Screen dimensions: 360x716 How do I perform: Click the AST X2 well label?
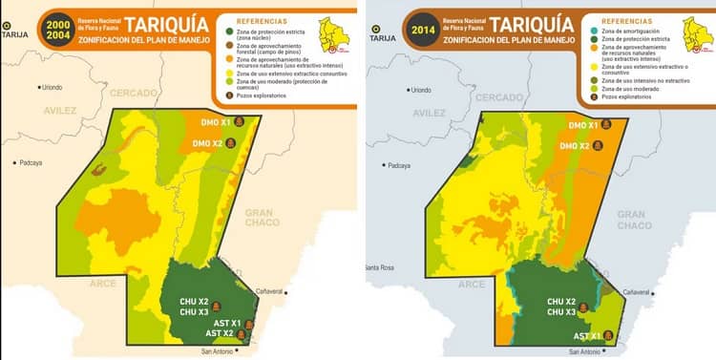click(221, 334)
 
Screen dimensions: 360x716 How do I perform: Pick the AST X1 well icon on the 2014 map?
click(607, 336)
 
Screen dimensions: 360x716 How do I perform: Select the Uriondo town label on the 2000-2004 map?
click(56, 87)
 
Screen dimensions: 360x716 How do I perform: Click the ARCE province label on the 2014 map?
click(472, 285)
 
